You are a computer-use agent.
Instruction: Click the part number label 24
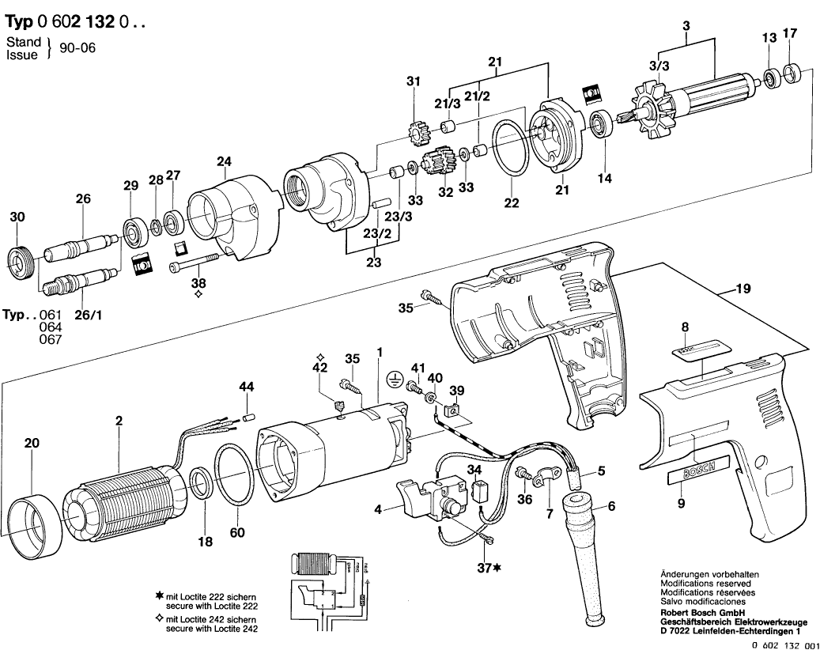click(224, 164)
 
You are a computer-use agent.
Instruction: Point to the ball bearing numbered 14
click(606, 127)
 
